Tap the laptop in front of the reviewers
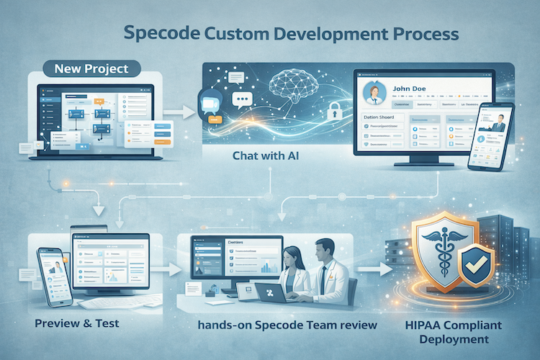tap(271, 292)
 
